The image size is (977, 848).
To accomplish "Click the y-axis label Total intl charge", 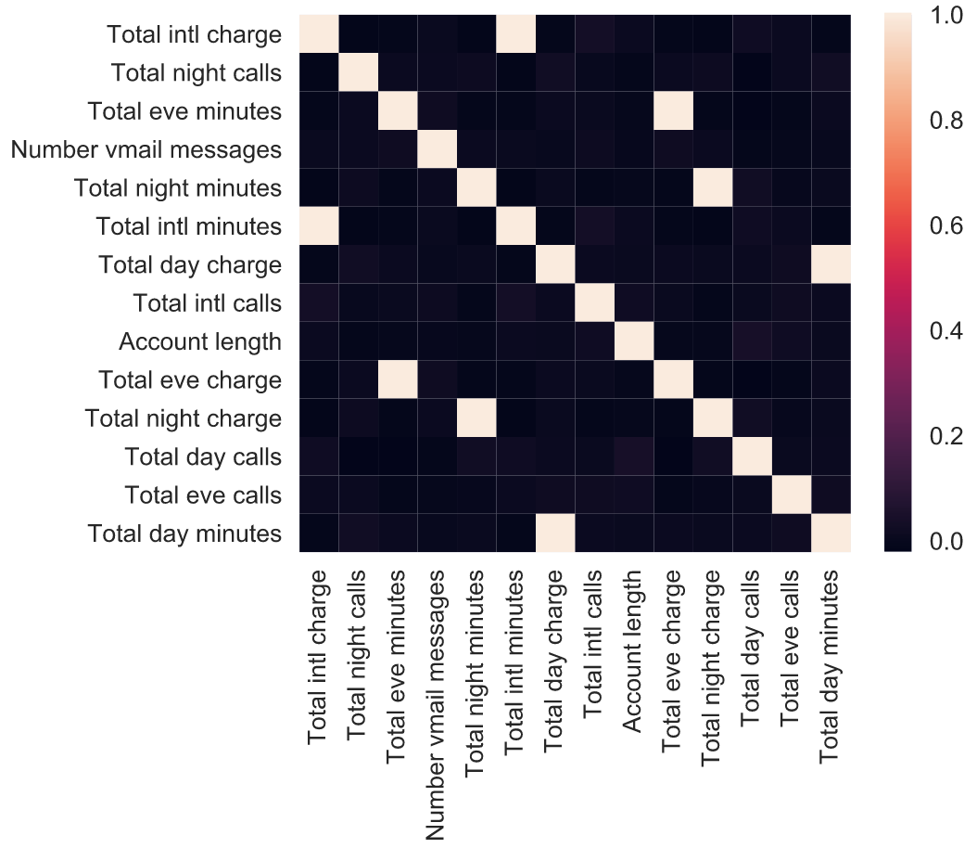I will click(x=194, y=35).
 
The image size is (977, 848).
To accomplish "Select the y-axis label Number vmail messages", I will click(x=146, y=149).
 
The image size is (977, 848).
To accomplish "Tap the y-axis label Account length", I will click(x=199, y=341).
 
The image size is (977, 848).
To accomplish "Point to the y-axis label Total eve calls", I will click(x=203, y=495).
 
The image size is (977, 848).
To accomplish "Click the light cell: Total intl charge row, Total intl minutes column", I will click(x=517, y=35).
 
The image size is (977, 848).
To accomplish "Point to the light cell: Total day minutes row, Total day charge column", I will click(x=555, y=533).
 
